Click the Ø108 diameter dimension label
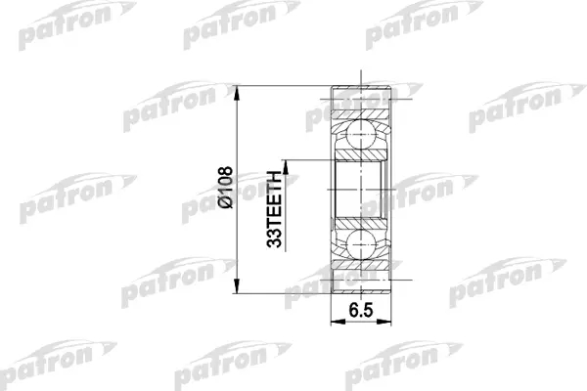click(x=226, y=187)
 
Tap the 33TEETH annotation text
click(x=274, y=209)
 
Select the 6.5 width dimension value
click(x=361, y=310)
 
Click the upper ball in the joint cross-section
click(x=360, y=135)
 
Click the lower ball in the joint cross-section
click(x=360, y=244)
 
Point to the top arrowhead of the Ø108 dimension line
click(x=236, y=93)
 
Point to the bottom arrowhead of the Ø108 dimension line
click(x=236, y=286)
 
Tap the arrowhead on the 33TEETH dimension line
click(x=286, y=167)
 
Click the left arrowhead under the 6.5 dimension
click(x=339, y=322)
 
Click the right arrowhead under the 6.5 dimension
click(x=384, y=322)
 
